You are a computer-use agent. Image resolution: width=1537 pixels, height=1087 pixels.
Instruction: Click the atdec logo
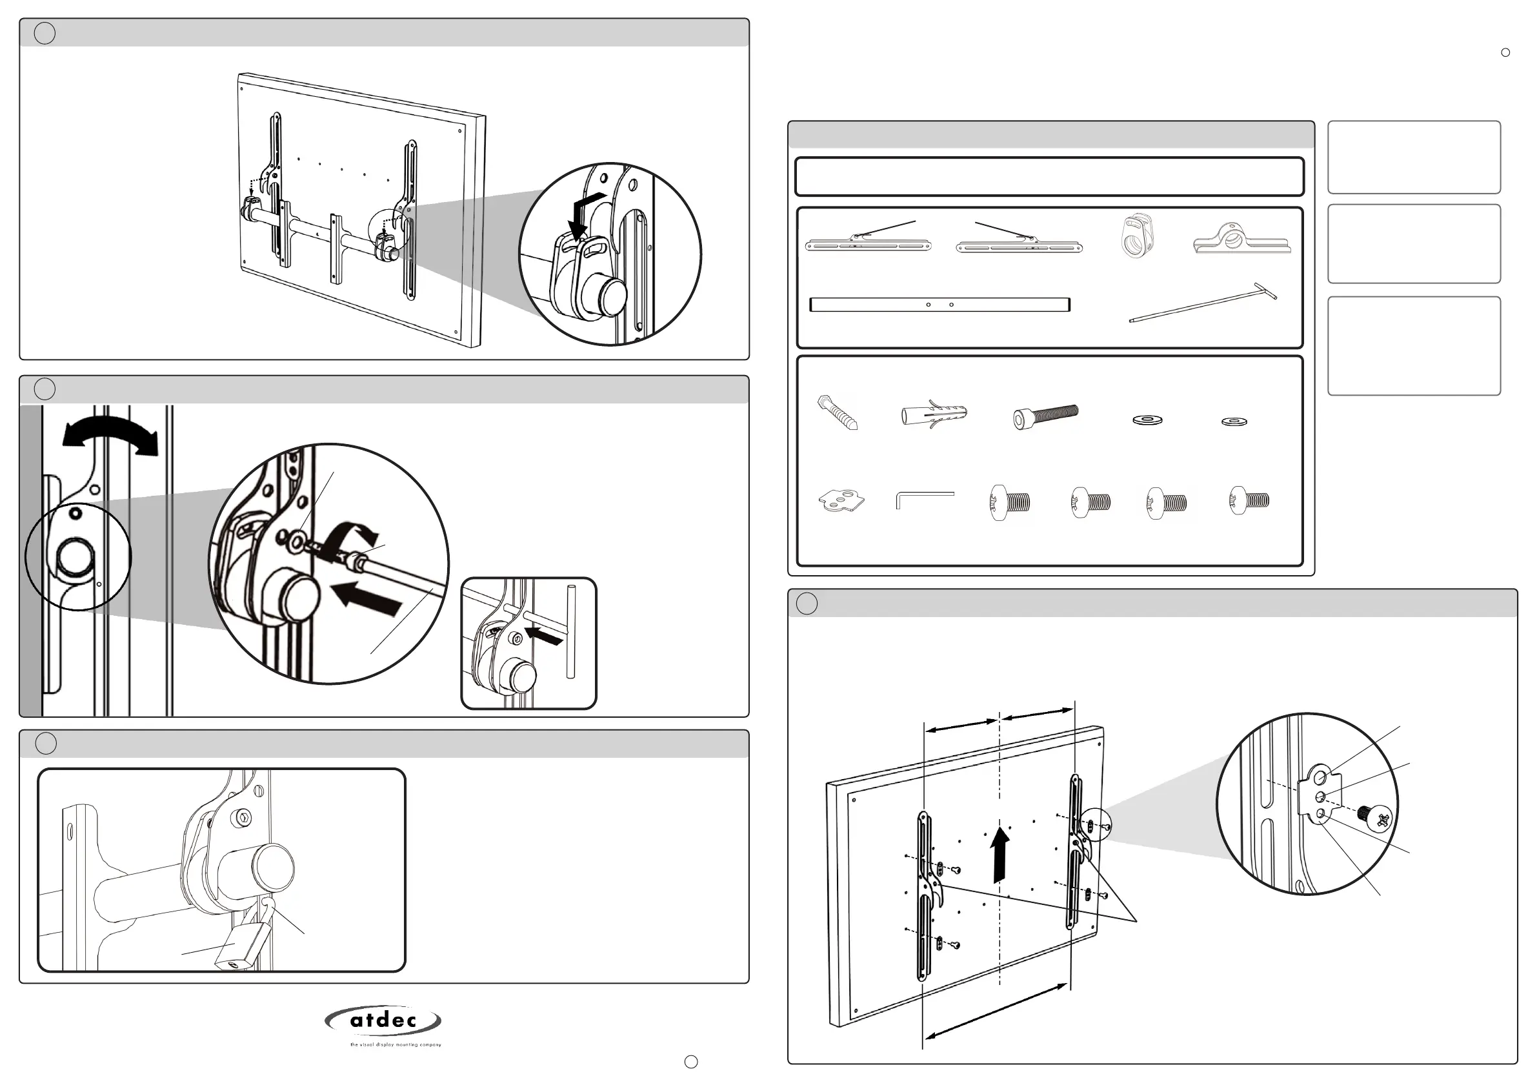click(383, 1022)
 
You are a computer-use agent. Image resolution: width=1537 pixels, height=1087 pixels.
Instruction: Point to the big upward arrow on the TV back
click(1001, 853)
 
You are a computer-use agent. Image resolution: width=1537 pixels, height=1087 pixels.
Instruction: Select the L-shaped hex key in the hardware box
click(924, 500)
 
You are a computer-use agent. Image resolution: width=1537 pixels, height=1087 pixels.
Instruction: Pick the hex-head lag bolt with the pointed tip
click(837, 412)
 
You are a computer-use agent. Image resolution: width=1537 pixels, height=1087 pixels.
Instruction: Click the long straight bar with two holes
click(939, 305)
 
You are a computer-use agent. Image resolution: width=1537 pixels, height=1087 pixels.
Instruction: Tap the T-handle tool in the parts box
click(1203, 303)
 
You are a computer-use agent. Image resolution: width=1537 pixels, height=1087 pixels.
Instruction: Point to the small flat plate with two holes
click(841, 500)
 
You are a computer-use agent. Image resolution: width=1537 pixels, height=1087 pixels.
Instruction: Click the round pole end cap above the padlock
click(272, 868)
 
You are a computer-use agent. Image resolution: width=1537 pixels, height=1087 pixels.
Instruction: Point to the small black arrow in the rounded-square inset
click(549, 637)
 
